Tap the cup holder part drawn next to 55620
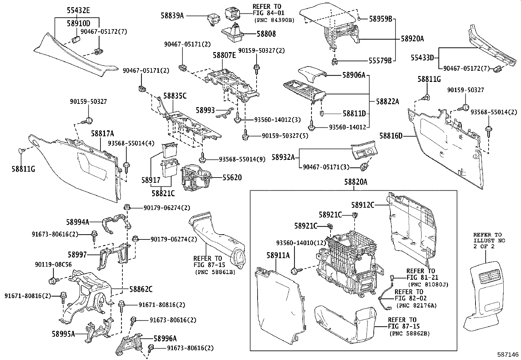pos(196,177)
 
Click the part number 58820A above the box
pos(355,182)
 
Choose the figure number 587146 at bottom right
pos(507,354)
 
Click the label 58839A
pos(172,15)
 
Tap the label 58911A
pos(279,255)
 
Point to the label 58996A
pos(165,339)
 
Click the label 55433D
pos(422,58)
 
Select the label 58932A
pos(283,157)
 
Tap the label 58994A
pos(78,222)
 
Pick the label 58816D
pos(391,135)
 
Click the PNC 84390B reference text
pos(274,20)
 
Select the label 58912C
pos(363,205)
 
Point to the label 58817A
pos(102,133)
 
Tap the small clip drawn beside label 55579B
pos(334,61)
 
